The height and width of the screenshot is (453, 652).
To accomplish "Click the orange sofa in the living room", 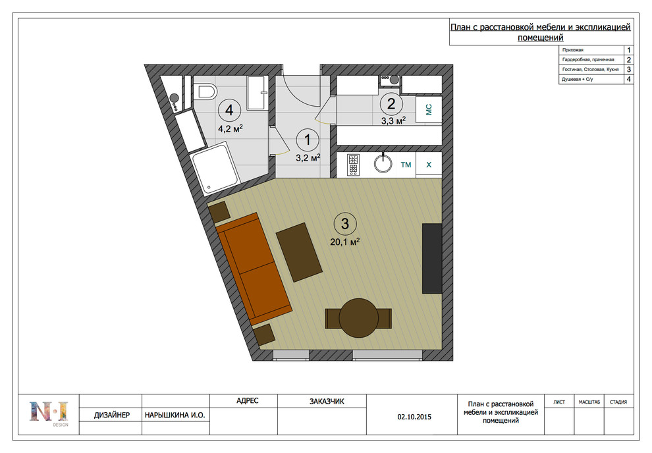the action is click(x=254, y=269).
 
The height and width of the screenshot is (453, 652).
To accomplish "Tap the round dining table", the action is click(x=358, y=318).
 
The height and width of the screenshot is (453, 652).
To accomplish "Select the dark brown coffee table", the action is click(x=299, y=252).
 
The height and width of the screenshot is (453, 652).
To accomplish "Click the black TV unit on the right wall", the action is click(x=432, y=259).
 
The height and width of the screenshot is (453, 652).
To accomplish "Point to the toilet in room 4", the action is click(x=205, y=92).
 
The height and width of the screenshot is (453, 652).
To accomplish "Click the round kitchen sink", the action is click(x=383, y=163).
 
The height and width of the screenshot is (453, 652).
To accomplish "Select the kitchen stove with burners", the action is click(x=354, y=165).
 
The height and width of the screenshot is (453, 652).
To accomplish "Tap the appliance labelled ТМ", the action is click(x=406, y=165).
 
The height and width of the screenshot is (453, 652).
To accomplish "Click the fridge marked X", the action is click(x=429, y=165).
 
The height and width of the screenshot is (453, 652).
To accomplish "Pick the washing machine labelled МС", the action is click(x=429, y=109).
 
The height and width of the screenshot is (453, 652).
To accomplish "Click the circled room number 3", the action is click(x=344, y=224).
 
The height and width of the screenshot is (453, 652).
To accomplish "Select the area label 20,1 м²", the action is click(x=344, y=242).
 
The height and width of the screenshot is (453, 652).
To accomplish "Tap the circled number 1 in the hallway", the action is click(x=308, y=140).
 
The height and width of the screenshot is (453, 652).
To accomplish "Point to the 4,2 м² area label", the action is click(x=230, y=128).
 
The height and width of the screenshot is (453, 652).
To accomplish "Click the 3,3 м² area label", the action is click(x=393, y=121).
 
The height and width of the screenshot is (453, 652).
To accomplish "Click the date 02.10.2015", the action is click(x=414, y=417).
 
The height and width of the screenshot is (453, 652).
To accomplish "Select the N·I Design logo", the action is click(x=49, y=413).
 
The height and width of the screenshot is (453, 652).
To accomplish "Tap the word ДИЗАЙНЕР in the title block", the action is click(x=111, y=415).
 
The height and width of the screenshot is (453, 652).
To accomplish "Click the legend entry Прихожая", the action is click(x=572, y=50).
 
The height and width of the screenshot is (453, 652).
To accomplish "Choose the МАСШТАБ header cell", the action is click(x=589, y=402).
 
